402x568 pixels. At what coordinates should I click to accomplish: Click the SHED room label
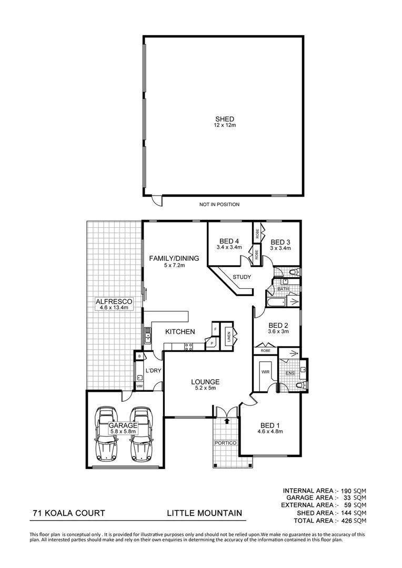coord(224,119)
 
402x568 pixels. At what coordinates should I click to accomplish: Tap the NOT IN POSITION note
coord(219,205)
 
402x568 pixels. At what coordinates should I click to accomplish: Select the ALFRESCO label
coord(114,301)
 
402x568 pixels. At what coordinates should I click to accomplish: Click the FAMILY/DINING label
coord(174,258)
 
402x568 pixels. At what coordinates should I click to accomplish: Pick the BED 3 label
coord(280,242)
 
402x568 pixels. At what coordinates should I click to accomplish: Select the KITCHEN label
coord(180,332)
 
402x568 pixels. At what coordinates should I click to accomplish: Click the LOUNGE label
coord(205,382)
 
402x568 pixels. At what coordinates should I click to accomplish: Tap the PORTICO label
coord(225,443)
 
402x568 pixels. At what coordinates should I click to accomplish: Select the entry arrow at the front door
coord(227,421)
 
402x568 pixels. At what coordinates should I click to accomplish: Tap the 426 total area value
coord(345,521)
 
